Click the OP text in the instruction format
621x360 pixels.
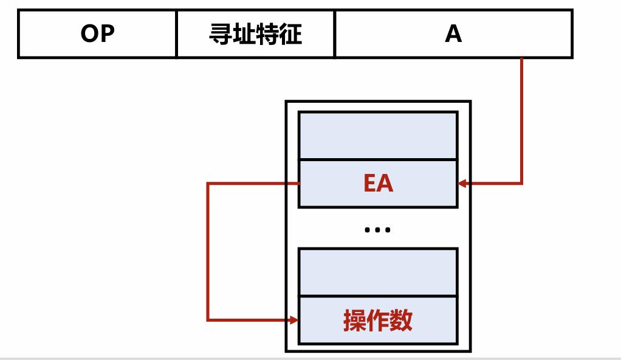click(x=97, y=34)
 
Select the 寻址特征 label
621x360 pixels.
click(x=255, y=34)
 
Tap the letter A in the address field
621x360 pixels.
click(x=453, y=34)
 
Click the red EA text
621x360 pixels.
click(x=378, y=184)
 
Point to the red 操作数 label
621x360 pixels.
click(x=378, y=320)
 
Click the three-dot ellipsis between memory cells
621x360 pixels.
click(x=377, y=230)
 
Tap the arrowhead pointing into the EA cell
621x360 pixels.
click(x=462, y=183)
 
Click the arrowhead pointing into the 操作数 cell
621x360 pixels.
click(x=294, y=320)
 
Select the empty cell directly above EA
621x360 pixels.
click(x=378, y=136)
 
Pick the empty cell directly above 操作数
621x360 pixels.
click(x=378, y=272)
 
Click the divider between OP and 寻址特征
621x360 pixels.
click(x=177, y=34)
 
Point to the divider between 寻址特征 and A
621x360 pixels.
click(x=335, y=34)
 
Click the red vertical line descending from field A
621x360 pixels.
click(x=522, y=122)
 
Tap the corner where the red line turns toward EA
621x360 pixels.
click(x=522, y=183)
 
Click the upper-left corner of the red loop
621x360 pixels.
click(x=208, y=183)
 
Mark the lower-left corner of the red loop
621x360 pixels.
click(x=208, y=320)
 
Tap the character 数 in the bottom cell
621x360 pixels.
click(x=402, y=320)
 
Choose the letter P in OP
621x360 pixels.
click(x=106, y=34)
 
